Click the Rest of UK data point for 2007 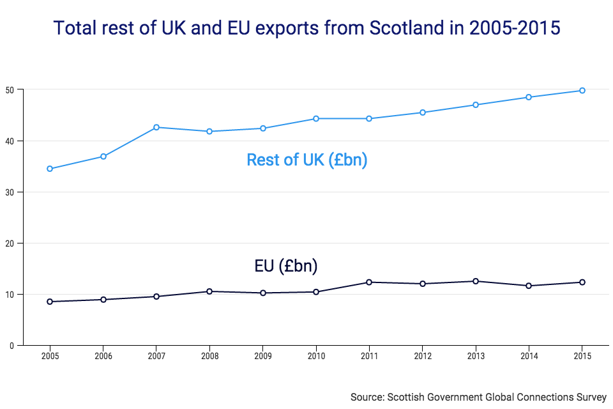pyautogui.click(x=156, y=127)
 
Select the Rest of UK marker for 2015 pyautogui.click(x=582, y=91)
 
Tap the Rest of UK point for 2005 pyautogui.click(x=50, y=169)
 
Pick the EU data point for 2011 pyautogui.click(x=369, y=282)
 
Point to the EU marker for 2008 pyautogui.click(x=209, y=291)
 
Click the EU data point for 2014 pyautogui.click(x=529, y=286)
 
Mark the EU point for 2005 pyautogui.click(x=50, y=302)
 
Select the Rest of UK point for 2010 pyautogui.click(x=316, y=118)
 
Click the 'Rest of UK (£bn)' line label pyautogui.click(x=306, y=160)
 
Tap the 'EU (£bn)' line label pyautogui.click(x=286, y=266)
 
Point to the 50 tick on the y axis pyautogui.click(x=10, y=89)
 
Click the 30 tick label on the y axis pyautogui.click(x=10, y=192)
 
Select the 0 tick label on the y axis pyautogui.click(x=12, y=345)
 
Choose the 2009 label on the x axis pyautogui.click(x=262, y=355)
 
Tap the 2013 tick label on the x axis pyautogui.click(x=476, y=355)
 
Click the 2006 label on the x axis pyautogui.click(x=103, y=355)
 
